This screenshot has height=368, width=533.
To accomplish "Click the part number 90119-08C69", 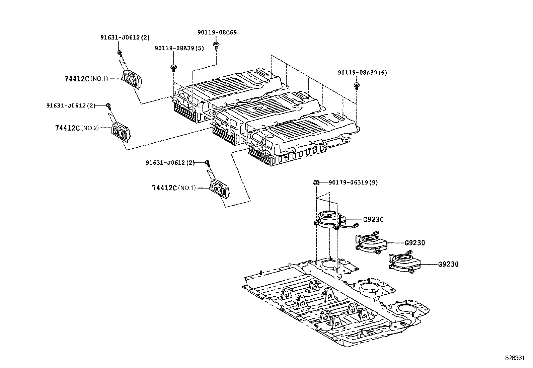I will pos(217,32).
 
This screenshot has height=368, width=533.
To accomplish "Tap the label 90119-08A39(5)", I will pos(179,49).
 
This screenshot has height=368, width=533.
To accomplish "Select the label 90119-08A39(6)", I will pos(362,73).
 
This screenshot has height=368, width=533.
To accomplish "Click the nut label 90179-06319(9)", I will pos(353,182).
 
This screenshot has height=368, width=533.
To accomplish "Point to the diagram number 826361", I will pos(515,358).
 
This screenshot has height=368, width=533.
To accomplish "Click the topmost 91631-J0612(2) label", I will pos(125,38).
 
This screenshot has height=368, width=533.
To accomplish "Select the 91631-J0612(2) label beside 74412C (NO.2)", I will pos(71,105).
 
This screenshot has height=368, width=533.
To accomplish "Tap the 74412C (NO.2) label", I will pos(77,128).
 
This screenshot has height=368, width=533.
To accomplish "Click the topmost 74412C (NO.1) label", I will pos(86,79).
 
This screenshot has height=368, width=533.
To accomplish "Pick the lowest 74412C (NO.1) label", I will pos(173,188).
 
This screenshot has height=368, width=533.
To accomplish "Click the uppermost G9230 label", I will pos(373,220).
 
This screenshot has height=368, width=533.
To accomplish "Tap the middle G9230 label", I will pos(414,243).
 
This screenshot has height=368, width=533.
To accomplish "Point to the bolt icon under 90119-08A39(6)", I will pos(357,85).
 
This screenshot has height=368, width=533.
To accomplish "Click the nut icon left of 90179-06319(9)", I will pos(316,182).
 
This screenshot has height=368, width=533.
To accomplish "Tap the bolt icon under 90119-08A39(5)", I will pos(173,68).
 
